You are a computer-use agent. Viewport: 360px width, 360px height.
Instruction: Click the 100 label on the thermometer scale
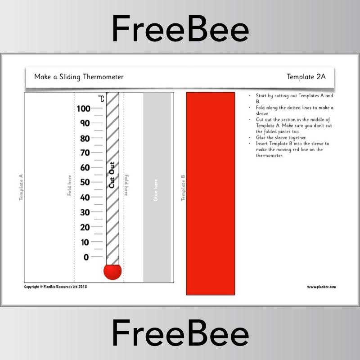[84, 108]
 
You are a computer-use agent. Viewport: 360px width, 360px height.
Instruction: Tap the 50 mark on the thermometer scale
[84, 182]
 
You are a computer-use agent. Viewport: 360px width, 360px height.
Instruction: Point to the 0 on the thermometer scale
[86, 257]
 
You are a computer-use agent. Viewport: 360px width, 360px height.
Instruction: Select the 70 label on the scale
[84, 153]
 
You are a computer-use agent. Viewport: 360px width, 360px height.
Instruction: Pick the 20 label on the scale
[84, 227]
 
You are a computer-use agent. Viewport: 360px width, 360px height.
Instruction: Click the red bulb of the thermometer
[112, 271]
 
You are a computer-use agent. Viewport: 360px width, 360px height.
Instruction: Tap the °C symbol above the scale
[101, 99]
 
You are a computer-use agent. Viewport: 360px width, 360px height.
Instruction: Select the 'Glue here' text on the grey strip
[156, 190]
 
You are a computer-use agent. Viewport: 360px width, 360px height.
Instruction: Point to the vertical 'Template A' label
[21, 187]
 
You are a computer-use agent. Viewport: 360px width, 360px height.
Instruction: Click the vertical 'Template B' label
[183, 188]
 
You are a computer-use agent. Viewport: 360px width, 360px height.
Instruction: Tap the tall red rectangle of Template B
[210, 193]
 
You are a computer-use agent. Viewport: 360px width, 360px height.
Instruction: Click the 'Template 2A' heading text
[306, 77]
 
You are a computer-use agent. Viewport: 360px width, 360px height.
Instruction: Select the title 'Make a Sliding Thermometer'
[79, 77]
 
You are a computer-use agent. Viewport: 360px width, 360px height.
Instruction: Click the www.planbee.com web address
[321, 287]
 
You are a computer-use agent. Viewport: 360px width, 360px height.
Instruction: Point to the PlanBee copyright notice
[55, 286]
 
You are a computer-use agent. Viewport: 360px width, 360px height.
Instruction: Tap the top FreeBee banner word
[180, 29]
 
